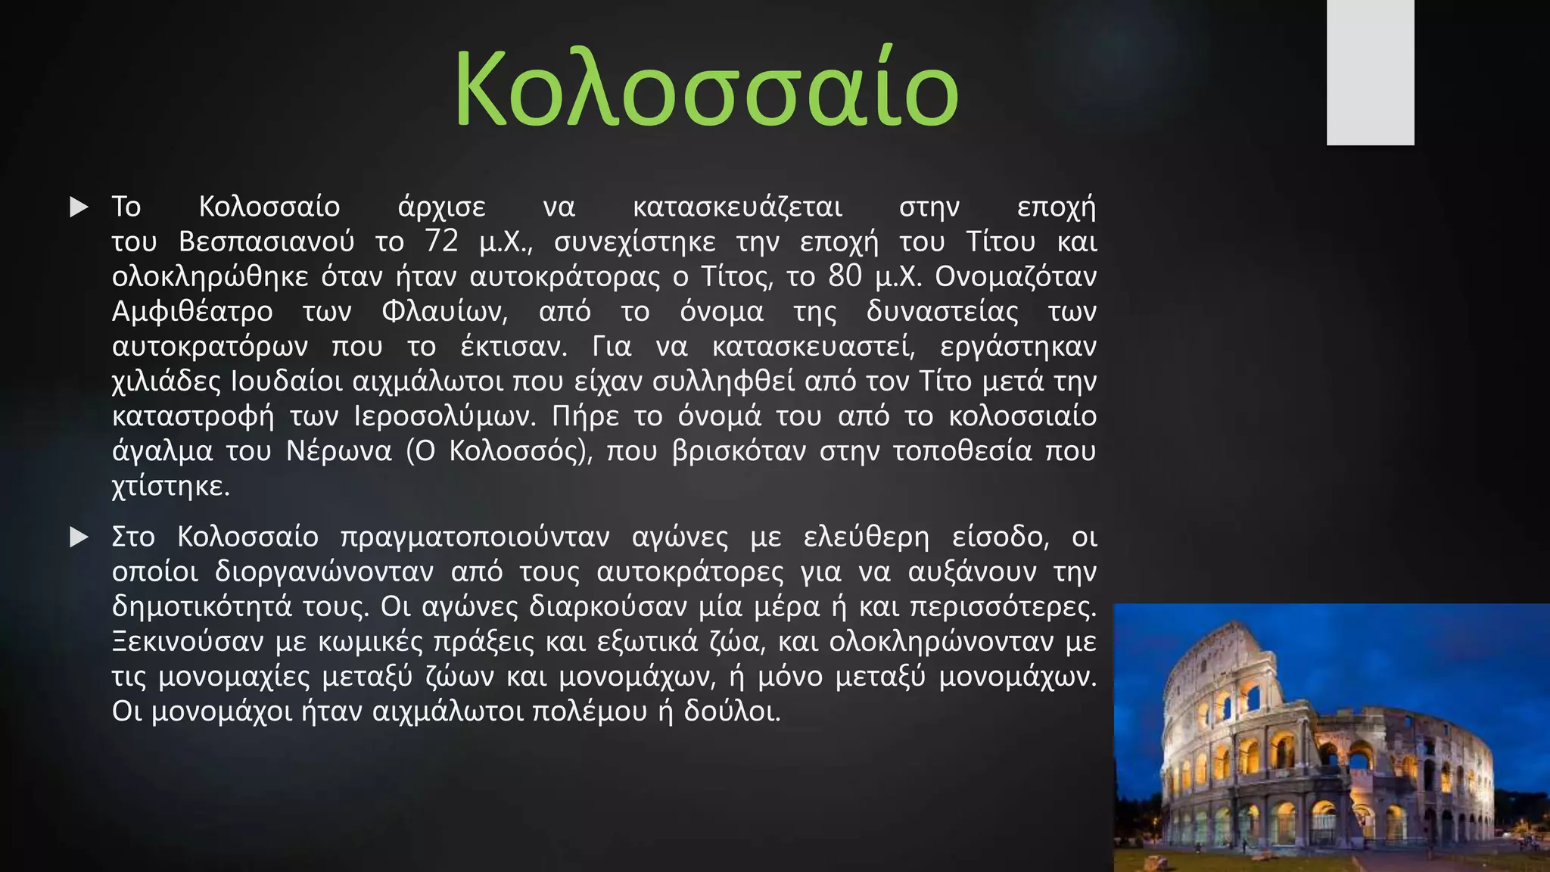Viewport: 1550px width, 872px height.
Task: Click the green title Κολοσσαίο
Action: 706,89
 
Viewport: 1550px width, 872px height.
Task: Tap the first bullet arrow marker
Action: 79,207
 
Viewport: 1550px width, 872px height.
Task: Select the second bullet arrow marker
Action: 79,537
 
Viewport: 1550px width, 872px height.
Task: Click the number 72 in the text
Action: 441,241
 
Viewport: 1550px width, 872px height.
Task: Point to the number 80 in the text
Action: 845,276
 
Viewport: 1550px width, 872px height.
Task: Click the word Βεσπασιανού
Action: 266,242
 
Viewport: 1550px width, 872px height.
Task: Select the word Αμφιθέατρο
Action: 192,312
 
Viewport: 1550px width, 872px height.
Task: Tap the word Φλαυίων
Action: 444,311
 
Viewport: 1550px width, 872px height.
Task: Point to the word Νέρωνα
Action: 339,451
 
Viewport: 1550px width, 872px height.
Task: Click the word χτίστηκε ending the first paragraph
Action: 170,486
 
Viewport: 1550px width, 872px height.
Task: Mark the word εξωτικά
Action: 647,642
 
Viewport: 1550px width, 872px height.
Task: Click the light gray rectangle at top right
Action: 1370,72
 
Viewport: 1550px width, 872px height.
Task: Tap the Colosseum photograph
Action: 1331,738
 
